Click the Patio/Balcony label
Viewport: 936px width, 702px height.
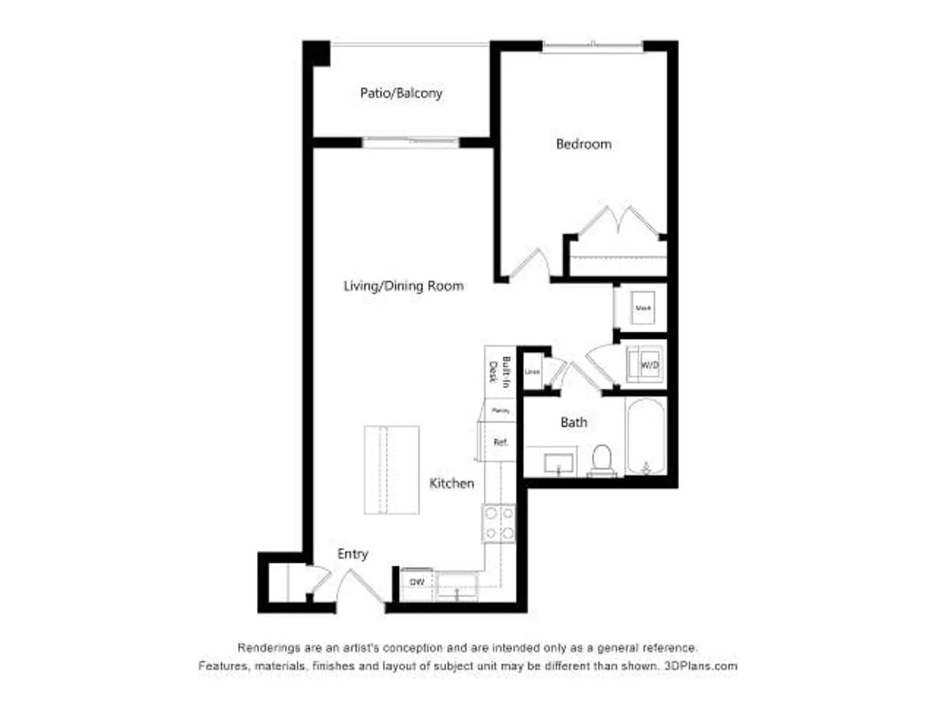[401, 93]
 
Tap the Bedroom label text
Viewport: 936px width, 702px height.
[583, 144]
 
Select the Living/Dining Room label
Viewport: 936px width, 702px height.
[403, 286]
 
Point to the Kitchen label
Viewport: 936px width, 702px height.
[451, 483]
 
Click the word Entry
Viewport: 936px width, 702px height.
[352, 553]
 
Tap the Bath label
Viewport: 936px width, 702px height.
[573, 422]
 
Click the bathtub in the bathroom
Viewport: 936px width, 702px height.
[645, 436]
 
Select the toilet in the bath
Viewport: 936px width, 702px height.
[601, 460]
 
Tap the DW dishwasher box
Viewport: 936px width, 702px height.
[417, 582]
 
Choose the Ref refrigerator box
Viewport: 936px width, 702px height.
[499, 442]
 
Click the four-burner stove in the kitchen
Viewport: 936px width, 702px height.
[499, 523]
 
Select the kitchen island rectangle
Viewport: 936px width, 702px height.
[391, 470]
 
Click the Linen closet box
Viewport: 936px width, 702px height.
[532, 371]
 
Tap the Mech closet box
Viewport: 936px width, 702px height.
[642, 308]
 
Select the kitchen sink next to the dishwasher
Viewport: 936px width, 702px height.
[457, 586]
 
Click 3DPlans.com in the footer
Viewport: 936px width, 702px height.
[700, 666]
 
